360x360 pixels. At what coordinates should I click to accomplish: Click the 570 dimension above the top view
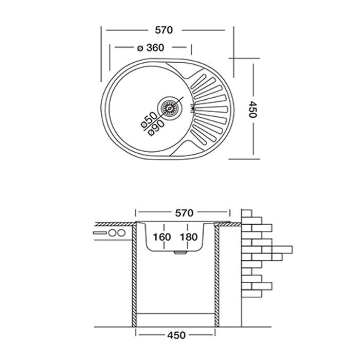click(164, 30)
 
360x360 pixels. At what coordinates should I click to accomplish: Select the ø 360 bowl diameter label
click(151, 48)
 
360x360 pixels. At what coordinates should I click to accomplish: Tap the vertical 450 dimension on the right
click(253, 109)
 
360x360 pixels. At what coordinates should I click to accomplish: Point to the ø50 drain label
click(149, 120)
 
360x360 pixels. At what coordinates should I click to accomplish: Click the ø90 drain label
click(156, 128)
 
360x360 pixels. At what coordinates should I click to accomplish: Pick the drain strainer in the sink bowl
click(170, 108)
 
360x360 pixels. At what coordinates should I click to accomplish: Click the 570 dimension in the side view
click(184, 213)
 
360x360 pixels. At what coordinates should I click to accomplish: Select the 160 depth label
click(162, 237)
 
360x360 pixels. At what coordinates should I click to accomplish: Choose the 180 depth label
click(189, 237)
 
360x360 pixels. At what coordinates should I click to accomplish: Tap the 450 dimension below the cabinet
click(176, 335)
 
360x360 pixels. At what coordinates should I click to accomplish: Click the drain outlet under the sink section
click(181, 253)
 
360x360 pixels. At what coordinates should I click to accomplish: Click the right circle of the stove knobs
click(121, 233)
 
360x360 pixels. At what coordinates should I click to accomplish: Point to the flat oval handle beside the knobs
click(100, 233)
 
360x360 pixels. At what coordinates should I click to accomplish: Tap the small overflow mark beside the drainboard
click(193, 108)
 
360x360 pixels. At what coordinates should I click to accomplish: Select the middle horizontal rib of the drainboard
click(212, 109)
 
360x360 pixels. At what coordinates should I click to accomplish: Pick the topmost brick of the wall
click(246, 213)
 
